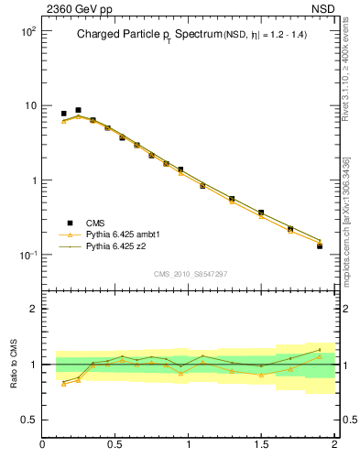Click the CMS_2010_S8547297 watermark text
tap(190, 274)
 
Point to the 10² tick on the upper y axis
tap(27, 31)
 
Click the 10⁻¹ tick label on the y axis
tap(27, 255)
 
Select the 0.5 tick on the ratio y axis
tap(27, 420)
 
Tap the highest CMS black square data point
tap(78, 110)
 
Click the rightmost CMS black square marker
tap(320, 246)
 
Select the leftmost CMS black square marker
tap(63, 114)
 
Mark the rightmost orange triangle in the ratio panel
tap(320, 355)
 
